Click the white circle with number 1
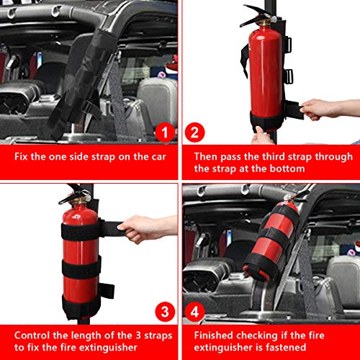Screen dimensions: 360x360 pos(164,132)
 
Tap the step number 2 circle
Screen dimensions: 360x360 pos(195,132)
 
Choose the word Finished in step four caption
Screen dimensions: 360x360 pos(214,336)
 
